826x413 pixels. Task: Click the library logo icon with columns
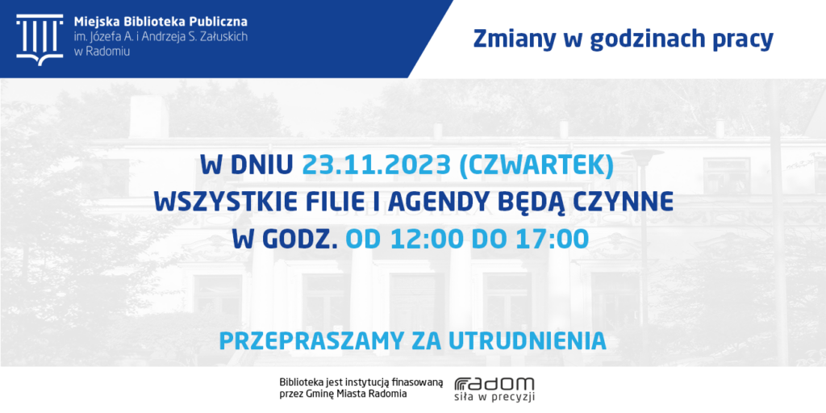(x=40, y=40)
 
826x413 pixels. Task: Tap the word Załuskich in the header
(x=222, y=37)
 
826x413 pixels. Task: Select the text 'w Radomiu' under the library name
(x=102, y=51)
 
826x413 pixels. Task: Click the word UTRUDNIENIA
(x=528, y=341)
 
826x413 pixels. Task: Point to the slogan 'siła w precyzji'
(x=494, y=397)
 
